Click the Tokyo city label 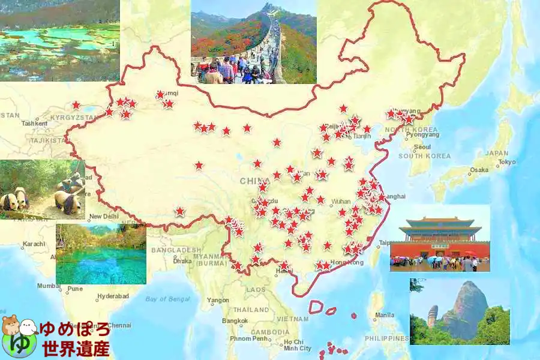(x=506, y=162)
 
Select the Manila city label (x=385, y=314)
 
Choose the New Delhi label (x=103, y=217)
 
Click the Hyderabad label (x=113, y=296)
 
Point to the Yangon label (x=218, y=300)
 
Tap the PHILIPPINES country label (x=385, y=338)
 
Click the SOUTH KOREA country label (x=425, y=156)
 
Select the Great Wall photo (x=253, y=42)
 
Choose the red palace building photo (x=440, y=238)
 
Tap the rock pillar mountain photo (x=460, y=311)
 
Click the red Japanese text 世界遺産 (x=76, y=347)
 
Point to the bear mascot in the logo (x=12, y=327)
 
